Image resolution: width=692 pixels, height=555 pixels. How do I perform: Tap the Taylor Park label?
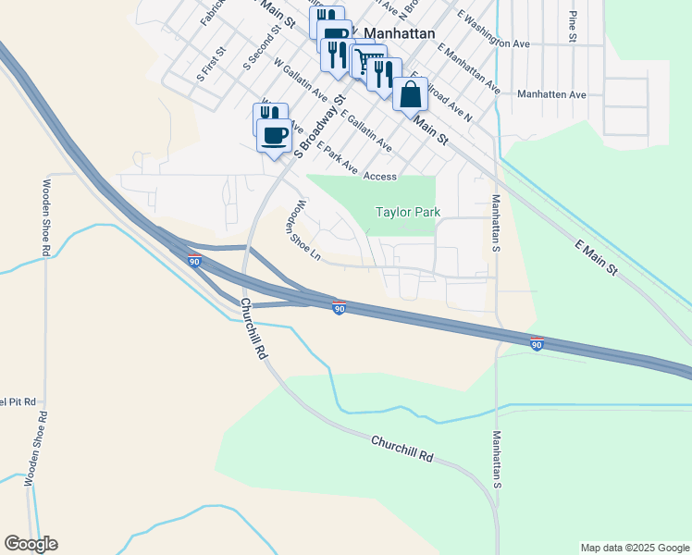(407, 212)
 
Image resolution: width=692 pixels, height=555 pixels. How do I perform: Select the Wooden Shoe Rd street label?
(45, 218)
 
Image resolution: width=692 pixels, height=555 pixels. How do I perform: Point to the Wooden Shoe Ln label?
(303, 231)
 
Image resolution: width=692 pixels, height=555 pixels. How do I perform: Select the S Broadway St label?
(319, 126)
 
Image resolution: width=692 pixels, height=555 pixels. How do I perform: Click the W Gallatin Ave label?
(301, 79)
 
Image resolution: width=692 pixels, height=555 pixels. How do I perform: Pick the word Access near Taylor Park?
(380, 176)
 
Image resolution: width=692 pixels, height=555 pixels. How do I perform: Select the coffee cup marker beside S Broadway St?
(274, 136)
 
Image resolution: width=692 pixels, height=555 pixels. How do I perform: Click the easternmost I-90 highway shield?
(537, 343)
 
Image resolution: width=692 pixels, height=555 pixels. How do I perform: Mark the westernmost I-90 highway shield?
(194, 261)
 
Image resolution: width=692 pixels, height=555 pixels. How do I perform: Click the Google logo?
(31, 544)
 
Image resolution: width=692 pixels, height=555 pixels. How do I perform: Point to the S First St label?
(211, 66)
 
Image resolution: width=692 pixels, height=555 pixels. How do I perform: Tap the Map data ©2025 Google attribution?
(634, 548)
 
